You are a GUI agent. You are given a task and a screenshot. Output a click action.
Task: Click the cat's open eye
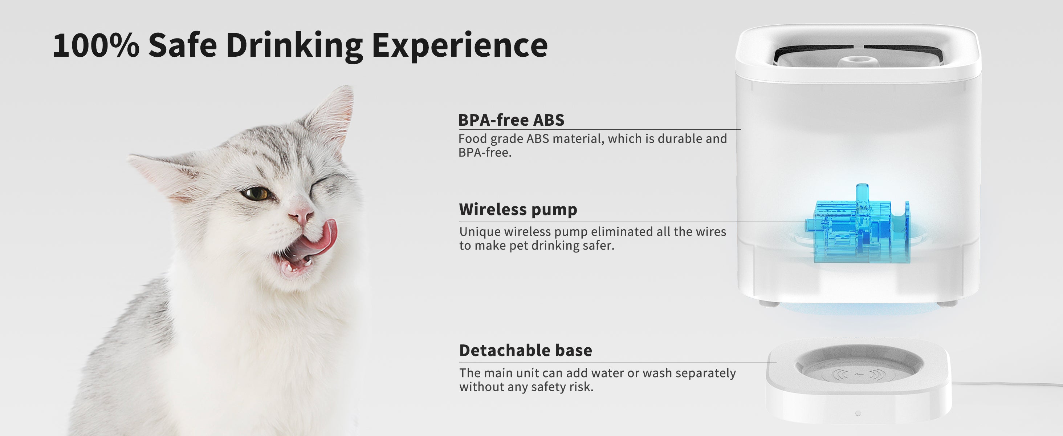tap(254, 194)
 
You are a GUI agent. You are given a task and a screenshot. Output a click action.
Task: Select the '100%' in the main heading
tap(96, 45)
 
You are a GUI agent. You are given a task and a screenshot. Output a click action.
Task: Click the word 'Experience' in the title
tap(459, 45)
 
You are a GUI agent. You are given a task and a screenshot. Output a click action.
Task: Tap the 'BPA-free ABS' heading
tap(511, 120)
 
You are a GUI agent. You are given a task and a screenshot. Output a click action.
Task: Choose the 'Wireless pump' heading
tap(518, 209)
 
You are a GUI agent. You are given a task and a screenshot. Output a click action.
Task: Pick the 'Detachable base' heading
tap(525, 351)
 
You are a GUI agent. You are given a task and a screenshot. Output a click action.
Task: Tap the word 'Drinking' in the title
tap(294, 45)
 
